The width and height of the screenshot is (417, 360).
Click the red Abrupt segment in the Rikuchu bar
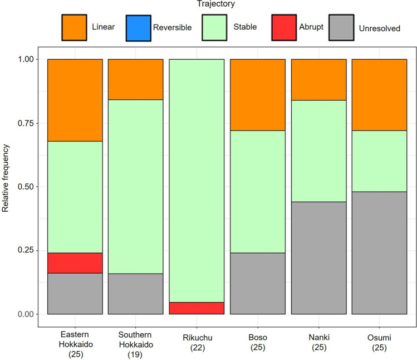point(197,308)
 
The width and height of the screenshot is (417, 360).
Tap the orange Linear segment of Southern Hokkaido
point(136,79)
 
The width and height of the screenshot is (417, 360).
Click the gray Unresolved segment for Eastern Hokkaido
point(75,294)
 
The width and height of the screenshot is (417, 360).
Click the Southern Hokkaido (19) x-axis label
point(136,342)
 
